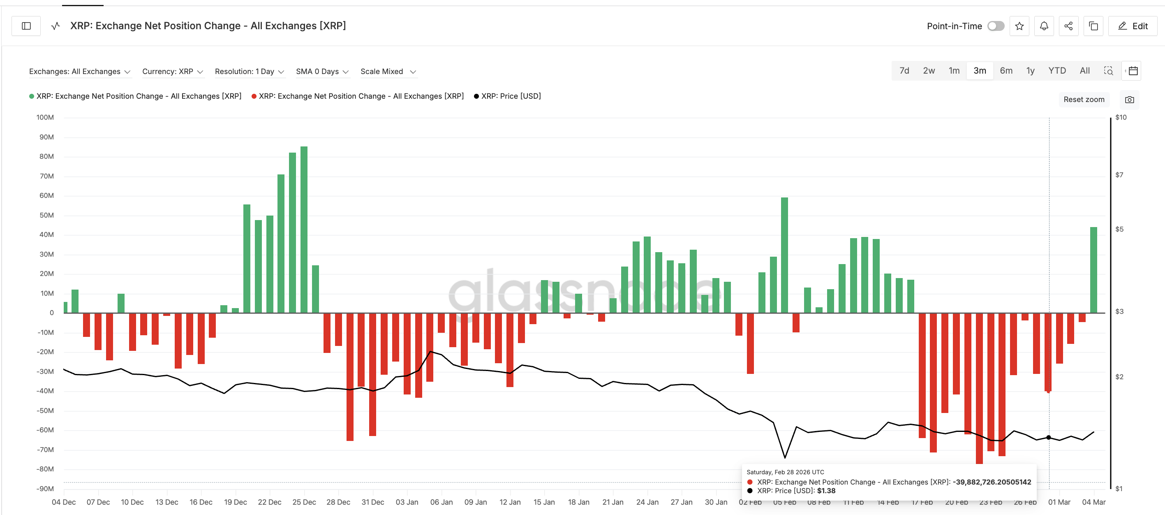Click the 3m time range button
click(x=980, y=71)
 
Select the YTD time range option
click(x=1056, y=71)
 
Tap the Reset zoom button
click(x=1083, y=100)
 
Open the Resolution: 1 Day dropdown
click(x=249, y=72)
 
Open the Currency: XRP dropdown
click(x=172, y=72)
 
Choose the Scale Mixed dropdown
click(x=388, y=72)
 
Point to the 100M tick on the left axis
click(x=45, y=117)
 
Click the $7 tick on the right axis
click(x=1119, y=175)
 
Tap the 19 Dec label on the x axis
click(x=235, y=502)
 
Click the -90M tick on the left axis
click(x=45, y=488)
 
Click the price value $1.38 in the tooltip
click(x=826, y=491)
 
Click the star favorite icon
click(x=1019, y=26)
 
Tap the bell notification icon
click(x=1044, y=26)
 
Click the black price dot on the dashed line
click(x=1049, y=437)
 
